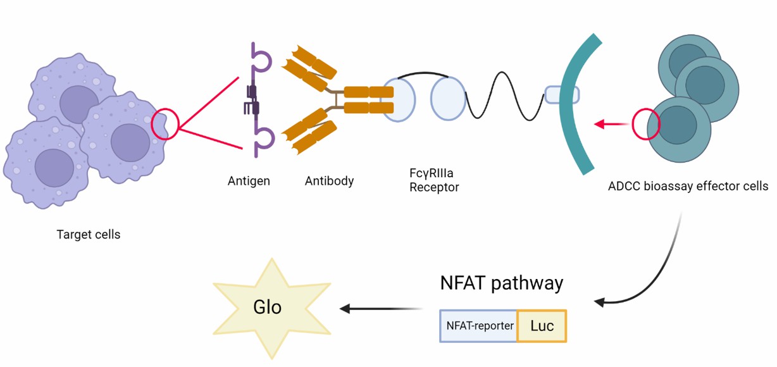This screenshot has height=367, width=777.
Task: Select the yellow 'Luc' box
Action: point(542,326)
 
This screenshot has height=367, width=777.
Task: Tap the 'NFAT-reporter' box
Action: point(479,326)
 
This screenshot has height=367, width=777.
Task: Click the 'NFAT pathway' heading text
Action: point(501,282)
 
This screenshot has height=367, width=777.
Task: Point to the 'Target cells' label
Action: point(89,235)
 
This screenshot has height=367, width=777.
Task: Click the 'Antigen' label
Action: point(249,181)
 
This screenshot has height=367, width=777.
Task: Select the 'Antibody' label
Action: point(329,181)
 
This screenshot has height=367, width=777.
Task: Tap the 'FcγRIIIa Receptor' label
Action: point(433,179)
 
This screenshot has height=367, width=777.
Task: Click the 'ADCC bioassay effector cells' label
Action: point(688,186)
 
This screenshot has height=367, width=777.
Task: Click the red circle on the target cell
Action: point(165,123)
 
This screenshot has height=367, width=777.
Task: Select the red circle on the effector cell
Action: point(646,124)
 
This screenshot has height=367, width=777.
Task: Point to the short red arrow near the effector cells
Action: point(611,125)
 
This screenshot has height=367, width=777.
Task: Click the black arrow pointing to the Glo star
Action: point(380,309)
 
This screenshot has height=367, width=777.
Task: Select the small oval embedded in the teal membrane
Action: point(562,94)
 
